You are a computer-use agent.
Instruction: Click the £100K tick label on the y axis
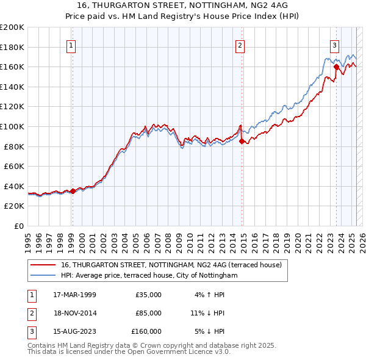pos(12,126)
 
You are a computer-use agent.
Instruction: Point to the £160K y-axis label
pos(12,67)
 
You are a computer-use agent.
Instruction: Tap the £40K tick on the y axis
pos(14,186)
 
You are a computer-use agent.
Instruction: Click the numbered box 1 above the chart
pos(71,45)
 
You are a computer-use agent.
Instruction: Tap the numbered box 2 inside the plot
pos(240,45)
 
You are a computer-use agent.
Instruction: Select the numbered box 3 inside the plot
pos(335,45)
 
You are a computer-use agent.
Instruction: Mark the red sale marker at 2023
pos(336,67)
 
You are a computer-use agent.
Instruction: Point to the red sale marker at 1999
pos(73,191)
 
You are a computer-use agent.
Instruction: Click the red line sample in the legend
pos(42,265)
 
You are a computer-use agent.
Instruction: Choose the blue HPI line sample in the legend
pos(42,276)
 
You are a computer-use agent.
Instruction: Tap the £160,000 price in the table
pos(146,331)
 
